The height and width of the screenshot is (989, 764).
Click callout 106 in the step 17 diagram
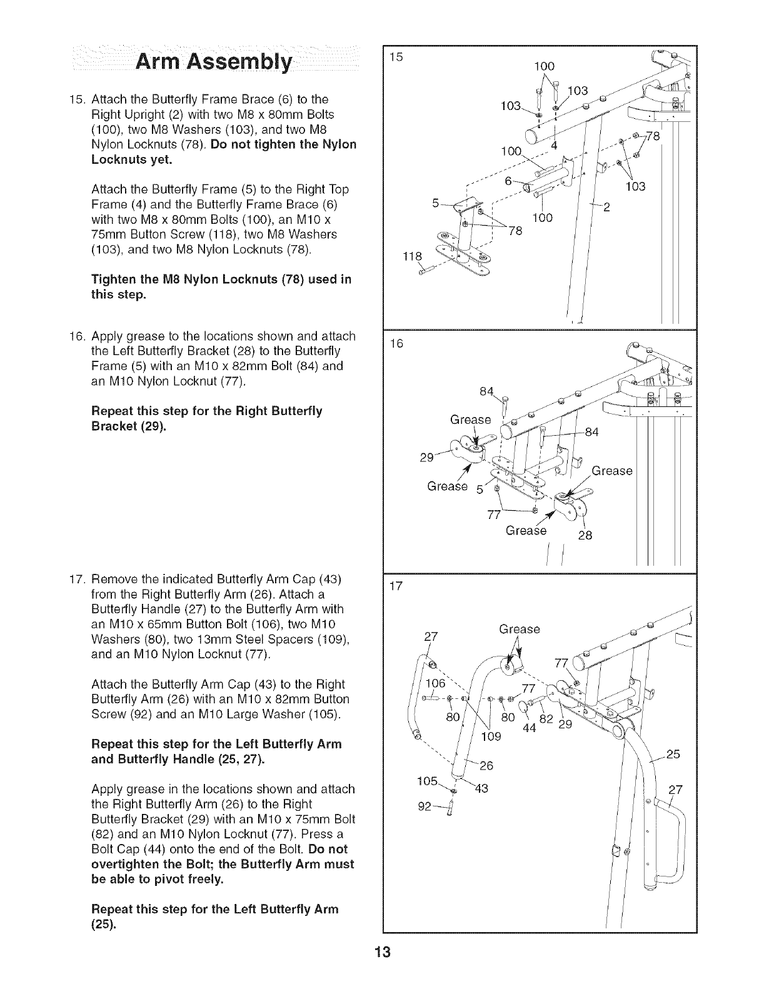(436, 683)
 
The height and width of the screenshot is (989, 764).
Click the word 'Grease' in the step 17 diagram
(520, 629)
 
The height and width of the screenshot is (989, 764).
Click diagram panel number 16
(395, 344)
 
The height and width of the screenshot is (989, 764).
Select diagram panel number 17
(395, 587)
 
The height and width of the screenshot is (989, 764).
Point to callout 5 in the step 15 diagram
(435, 203)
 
